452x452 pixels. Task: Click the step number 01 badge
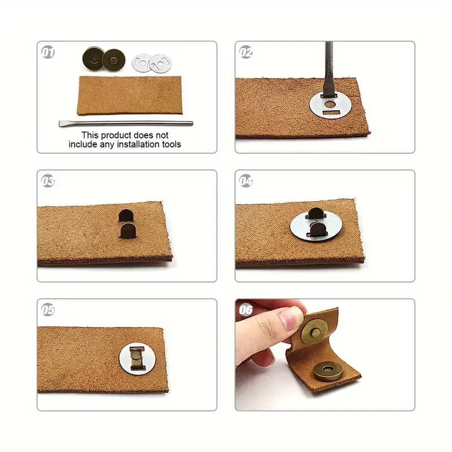point(48,52)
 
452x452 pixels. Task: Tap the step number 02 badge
point(246,52)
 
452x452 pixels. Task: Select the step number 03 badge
point(48,181)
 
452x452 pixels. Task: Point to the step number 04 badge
point(246,181)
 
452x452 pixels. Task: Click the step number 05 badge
point(48,310)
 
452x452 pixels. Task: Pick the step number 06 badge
point(246,310)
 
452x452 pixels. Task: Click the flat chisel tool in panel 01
point(125,123)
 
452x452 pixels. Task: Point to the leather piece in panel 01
point(130,95)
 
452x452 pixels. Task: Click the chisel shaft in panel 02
point(329,69)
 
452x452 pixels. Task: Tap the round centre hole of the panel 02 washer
point(330,104)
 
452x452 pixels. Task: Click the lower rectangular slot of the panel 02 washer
point(332,112)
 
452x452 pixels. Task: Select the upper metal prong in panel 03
point(126,215)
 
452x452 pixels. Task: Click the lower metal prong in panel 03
point(128,231)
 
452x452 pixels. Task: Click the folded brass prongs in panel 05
point(136,358)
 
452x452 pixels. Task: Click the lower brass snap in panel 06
point(328,371)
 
